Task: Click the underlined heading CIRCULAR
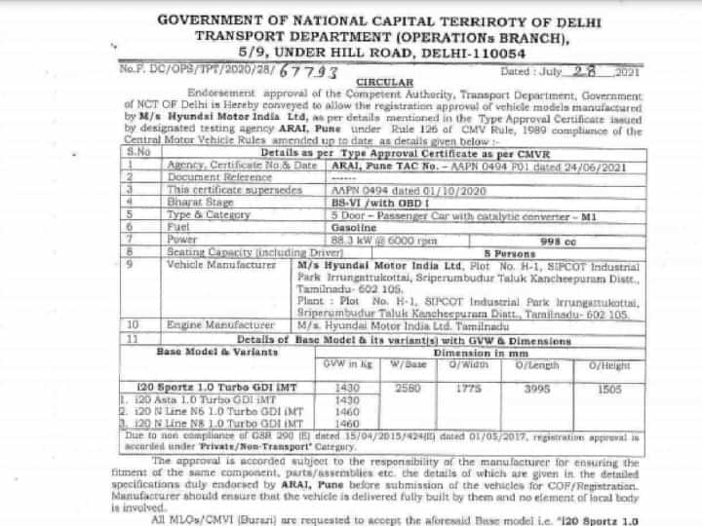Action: [385, 82]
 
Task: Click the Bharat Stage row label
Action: [198, 201]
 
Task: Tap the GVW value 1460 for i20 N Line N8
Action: [347, 424]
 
